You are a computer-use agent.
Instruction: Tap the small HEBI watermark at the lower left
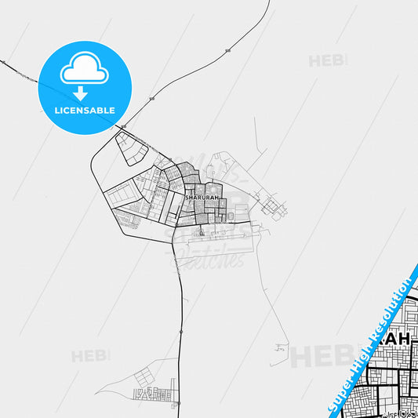point(90,356)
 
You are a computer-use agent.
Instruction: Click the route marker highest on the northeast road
point(227,50)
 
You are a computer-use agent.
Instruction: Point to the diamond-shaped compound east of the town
point(272,206)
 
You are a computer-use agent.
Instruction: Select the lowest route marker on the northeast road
point(151,98)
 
